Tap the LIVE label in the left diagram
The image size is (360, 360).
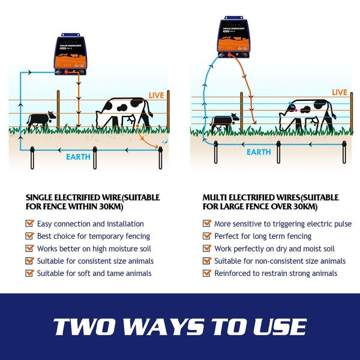[157, 95]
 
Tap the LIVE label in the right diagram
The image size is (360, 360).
[339, 92]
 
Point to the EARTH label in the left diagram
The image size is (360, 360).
[78, 157]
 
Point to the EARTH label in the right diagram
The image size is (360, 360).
[259, 152]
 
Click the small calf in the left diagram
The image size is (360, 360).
[41, 119]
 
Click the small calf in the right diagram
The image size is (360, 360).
[224, 123]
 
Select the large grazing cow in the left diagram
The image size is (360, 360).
[125, 112]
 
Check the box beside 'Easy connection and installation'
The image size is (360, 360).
[29, 224]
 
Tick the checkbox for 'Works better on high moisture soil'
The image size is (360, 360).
[29, 248]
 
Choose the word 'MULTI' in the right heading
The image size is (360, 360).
[216, 197]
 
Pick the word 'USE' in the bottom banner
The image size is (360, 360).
[281, 327]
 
